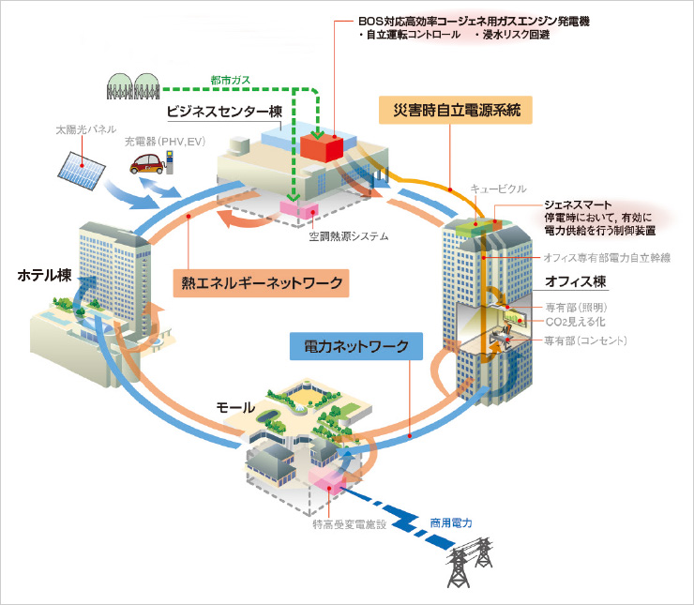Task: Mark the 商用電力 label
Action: pyautogui.click(x=452, y=522)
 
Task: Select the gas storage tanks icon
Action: pyautogui.click(x=130, y=85)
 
